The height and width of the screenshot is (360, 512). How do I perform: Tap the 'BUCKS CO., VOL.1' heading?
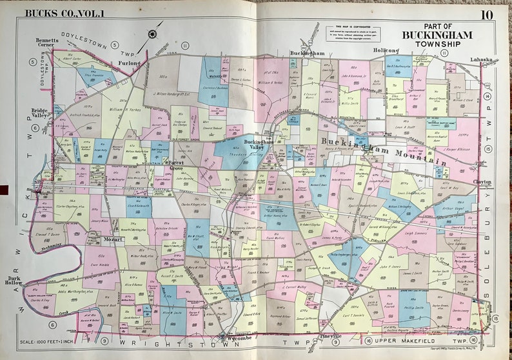(x=57, y=12)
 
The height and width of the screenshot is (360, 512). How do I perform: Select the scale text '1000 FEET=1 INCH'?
(x=55, y=341)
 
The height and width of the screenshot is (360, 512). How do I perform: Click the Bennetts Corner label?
(x=48, y=43)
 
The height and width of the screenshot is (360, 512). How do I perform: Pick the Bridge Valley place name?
(x=43, y=114)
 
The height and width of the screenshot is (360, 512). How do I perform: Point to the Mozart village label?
(x=113, y=239)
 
